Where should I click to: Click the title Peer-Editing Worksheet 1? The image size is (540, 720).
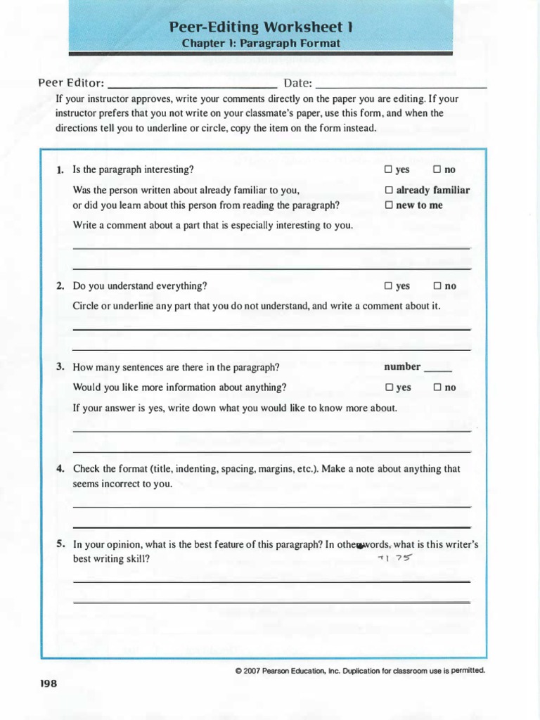tap(261, 27)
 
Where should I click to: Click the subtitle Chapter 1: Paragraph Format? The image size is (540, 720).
tap(261, 44)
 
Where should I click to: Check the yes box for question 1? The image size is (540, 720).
tap(388, 169)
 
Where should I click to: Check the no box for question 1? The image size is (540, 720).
tap(437, 169)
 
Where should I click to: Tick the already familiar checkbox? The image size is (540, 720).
tap(388, 190)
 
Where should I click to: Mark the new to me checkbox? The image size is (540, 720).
tap(388, 205)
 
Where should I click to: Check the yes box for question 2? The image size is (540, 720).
tap(388, 286)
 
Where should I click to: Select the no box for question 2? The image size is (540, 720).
tap(437, 286)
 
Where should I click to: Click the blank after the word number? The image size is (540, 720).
tap(439, 368)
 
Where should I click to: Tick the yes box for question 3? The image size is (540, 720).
tap(388, 387)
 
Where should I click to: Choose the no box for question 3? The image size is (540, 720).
tap(437, 387)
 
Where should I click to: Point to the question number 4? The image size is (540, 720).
tap(60, 469)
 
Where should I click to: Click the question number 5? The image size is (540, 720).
tap(60, 544)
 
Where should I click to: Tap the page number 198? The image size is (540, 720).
tap(48, 683)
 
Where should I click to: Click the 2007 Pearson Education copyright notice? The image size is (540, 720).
tap(360, 671)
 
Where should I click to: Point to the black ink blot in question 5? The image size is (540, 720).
tap(361, 546)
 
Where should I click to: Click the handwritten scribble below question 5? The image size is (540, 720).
tap(394, 558)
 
